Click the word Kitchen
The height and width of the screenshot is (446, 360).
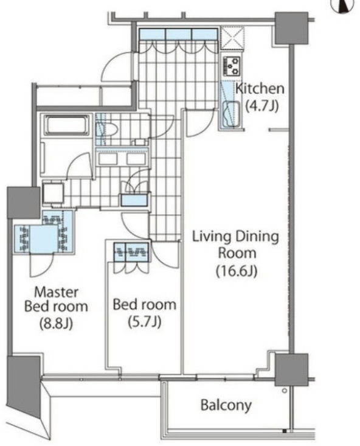[x=260, y=89]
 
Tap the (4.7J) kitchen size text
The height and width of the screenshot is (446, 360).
[x=262, y=106]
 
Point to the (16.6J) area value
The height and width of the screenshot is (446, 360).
[x=237, y=271]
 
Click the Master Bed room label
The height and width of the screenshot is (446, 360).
[x=56, y=299]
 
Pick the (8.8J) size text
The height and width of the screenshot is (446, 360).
[x=57, y=323]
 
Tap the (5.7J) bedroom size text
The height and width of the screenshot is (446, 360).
[x=145, y=322]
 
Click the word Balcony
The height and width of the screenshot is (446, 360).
[x=226, y=405]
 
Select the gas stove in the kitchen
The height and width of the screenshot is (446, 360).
[x=232, y=66]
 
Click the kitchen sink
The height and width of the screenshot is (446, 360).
[x=232, y=114]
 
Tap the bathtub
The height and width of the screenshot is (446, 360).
[x=66, y=125]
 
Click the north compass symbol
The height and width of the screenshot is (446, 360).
[x=345, y=5]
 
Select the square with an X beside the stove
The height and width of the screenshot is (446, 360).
[x=233, y=38]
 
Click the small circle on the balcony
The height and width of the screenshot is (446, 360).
[x=285, y=391]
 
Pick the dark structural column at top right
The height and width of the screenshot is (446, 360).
[x=291, y=28]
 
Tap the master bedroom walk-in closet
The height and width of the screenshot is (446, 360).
[x=44, y=232]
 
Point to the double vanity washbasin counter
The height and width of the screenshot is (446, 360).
[x=122, y=158]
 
